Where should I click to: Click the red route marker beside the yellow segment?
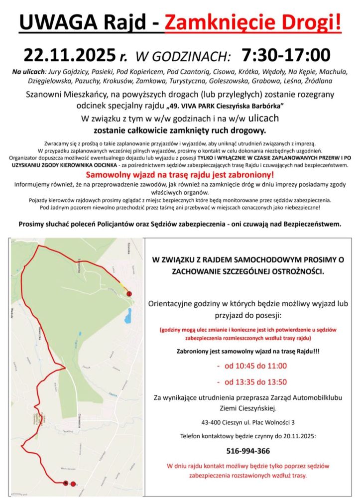129,294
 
